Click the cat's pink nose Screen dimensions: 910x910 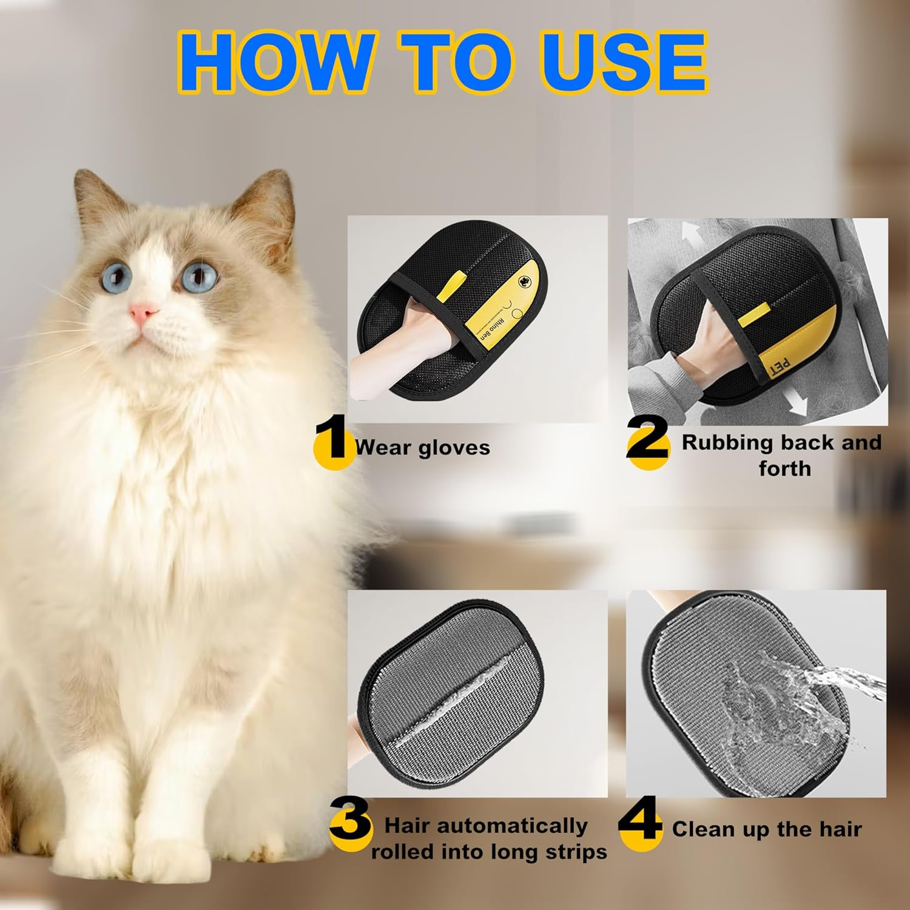(143, 314)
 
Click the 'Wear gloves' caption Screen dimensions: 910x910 (423, 448)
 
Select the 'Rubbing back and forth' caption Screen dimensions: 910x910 (782, 455)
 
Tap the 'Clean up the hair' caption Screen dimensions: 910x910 (767, 829)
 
